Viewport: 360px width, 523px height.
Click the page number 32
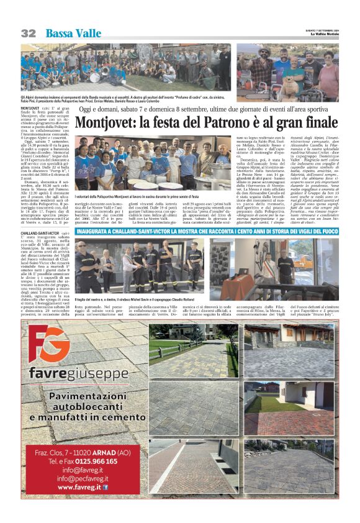tap(28, 33)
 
